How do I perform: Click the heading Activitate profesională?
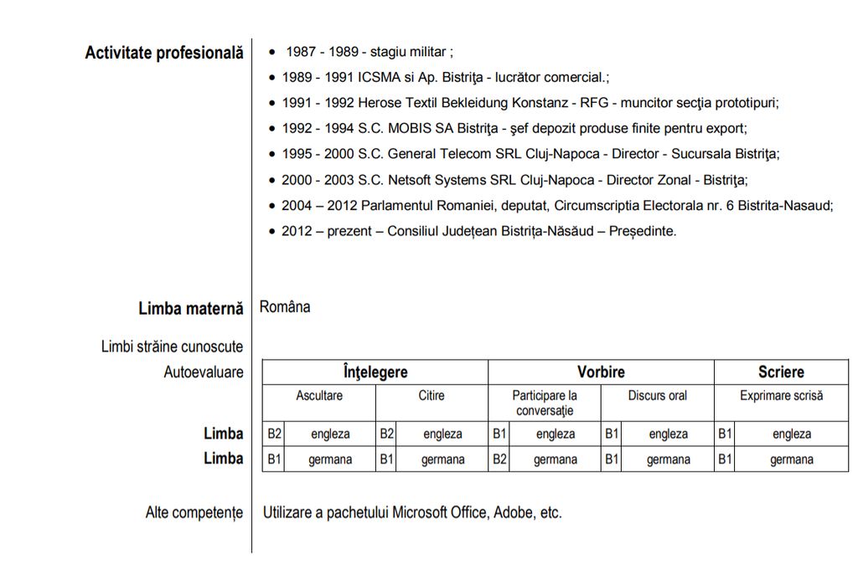tap(164, 54)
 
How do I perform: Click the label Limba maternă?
tap(191, 309)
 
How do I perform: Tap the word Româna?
tap(285, 307)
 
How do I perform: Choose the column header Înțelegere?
tap(375, 372)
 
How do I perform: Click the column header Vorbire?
tap(601, 372)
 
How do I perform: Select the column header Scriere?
tap(781, 372)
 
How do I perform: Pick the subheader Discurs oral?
tap(657, 395)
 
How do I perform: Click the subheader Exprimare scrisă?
tap(781, 395)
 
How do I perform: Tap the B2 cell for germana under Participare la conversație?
tap(499, 459)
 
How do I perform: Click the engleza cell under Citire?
tap(442, 434)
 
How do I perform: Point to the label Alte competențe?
tap(194, 512)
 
